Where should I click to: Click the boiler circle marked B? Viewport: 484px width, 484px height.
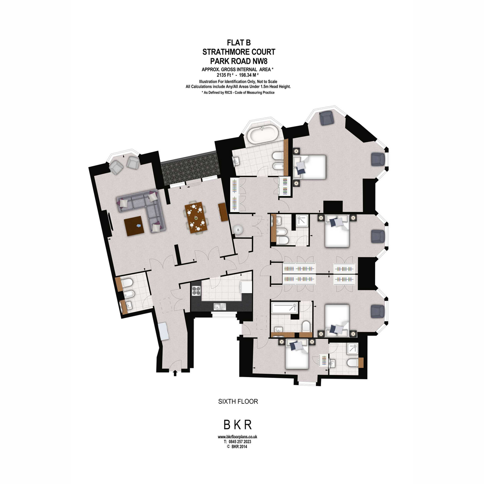[x=238, y=230]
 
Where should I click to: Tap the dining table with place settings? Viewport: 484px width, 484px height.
[x=196, y=217]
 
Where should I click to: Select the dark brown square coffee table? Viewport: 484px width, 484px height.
[x=134, y=226]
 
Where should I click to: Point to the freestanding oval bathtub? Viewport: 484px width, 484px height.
[x=262, y=135]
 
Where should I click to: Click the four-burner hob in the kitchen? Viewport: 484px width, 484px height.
[x=196, y=291]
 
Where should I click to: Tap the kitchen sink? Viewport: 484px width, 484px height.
[x=220, y=307]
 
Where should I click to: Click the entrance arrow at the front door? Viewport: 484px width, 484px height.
[x=175, y=373]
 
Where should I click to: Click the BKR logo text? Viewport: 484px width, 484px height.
[x=238, y=425]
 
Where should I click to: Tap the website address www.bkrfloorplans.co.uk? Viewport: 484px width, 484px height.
[x=237, y=437]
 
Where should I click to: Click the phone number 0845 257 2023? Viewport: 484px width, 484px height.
[x=240, y=442]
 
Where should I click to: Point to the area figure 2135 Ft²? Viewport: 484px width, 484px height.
[x=225, y=75]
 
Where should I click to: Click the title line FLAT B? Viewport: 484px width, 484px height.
[x=239, y=42]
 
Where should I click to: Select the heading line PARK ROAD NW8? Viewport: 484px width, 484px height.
[x=239, y=61]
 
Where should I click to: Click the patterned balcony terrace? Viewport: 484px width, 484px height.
[x=190, y=168]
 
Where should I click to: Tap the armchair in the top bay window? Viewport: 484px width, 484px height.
[x=326, y=118]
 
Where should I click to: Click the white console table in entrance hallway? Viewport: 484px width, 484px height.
[x=164, y=331]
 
